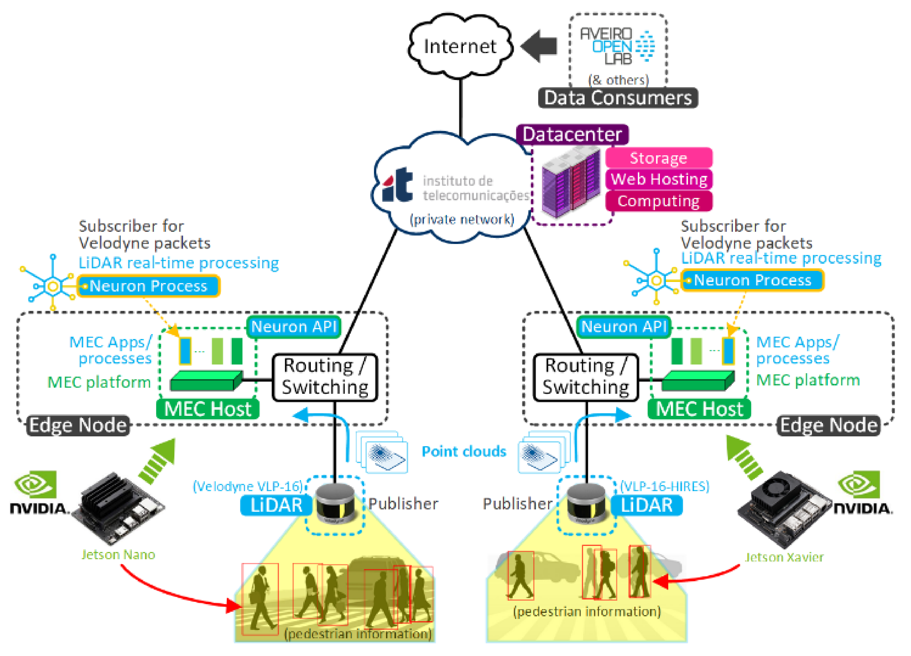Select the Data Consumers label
618,98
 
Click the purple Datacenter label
572,134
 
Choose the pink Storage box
659,158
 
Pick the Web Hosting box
659,179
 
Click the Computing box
659,201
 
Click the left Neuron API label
294,327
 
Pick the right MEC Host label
699,409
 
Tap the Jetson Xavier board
784,509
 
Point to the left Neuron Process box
148,286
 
